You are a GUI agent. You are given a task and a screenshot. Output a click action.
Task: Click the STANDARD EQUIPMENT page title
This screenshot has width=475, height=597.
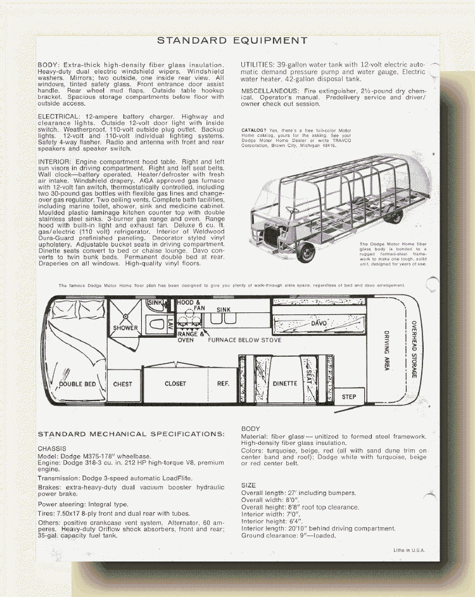[x=232, y=41]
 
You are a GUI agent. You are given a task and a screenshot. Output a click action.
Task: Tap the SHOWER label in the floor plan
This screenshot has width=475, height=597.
[x=125, y=328]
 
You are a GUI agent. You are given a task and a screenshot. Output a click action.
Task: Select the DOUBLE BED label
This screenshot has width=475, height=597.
[x=77, y=384]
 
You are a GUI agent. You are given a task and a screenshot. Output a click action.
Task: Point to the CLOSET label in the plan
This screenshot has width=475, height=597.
[x=175, y=383]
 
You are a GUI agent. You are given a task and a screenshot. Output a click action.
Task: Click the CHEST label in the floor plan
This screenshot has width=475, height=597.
[x=123, y=384]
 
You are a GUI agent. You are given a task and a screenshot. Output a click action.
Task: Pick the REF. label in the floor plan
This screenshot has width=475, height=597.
[x=223, y=383]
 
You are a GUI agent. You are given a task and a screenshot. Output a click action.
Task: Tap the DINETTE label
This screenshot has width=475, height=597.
[x=285, y=383]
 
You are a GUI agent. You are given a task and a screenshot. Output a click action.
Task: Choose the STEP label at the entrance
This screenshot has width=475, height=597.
[x=349, y=397]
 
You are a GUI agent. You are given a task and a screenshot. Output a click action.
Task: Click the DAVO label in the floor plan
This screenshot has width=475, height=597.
[x=319, y=324]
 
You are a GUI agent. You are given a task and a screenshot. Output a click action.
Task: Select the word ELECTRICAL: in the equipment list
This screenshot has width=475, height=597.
[x=60, y=117]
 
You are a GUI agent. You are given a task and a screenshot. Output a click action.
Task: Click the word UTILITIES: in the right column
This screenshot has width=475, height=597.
[x=258, y=65]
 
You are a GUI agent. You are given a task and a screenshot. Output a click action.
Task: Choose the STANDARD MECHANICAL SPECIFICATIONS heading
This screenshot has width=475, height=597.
[x=131, y=434]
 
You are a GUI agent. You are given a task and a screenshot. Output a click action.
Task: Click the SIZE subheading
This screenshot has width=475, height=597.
[x=248, y=485]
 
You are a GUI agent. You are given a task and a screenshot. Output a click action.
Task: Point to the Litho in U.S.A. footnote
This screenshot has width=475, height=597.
[x=409, y=550]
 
